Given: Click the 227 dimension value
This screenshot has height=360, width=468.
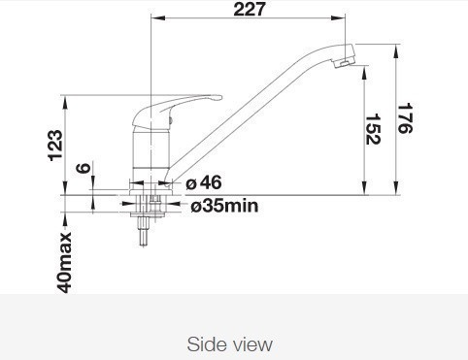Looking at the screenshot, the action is point(249,9).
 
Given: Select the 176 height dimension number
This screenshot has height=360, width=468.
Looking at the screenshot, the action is point(405,118).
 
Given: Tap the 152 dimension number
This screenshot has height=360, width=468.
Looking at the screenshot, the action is point(373,129).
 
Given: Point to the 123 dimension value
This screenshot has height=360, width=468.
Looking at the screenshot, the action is point(55,146).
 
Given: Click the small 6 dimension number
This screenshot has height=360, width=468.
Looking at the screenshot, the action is point(84,168).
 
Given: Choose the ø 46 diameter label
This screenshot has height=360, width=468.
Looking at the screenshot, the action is point(204,182).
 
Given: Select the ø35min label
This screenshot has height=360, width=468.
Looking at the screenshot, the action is point(224,206).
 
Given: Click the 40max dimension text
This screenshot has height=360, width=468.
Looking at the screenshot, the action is point(65,262).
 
